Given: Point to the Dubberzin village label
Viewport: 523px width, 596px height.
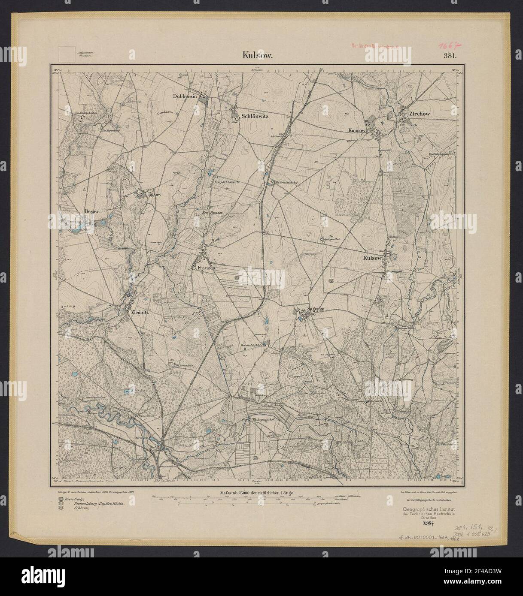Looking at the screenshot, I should [x=185, y=96].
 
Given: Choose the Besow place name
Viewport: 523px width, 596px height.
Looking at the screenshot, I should [x=92, y=211].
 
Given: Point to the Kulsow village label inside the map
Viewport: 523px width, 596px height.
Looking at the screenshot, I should [x=372, y=258].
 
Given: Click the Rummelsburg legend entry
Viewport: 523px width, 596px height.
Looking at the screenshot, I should [x=81, y=505].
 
